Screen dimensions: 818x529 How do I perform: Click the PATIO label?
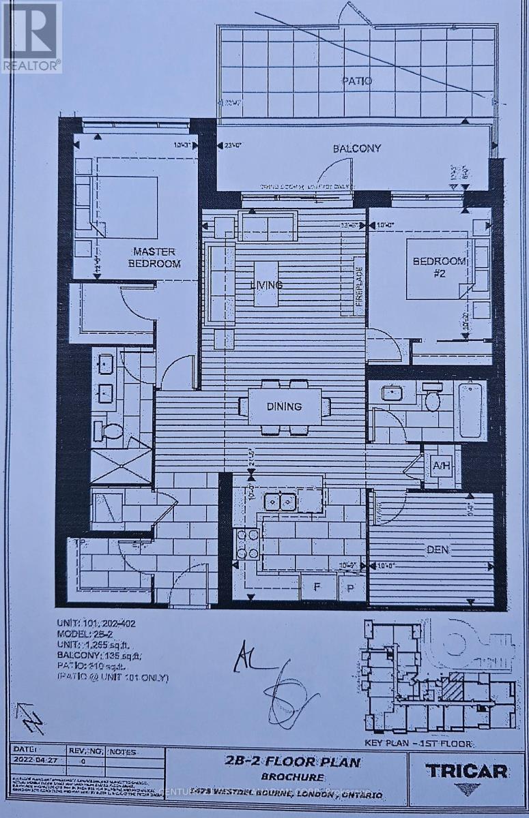click(357, 81)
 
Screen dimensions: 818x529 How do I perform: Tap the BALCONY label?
click(357, 148)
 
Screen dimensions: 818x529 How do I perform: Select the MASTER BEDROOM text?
click(156, 258)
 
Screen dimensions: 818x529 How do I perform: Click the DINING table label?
click(285, 407)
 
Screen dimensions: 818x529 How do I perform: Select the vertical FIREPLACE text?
click(358, 287)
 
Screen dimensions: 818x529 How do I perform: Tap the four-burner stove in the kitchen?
click(246, 544)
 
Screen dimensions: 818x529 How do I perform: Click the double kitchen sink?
click(281, 502)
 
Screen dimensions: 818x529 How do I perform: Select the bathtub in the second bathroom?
click(471, 410)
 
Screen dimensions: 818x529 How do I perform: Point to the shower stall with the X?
click(121, 467)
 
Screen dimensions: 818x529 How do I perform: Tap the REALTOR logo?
click(31, 37)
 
